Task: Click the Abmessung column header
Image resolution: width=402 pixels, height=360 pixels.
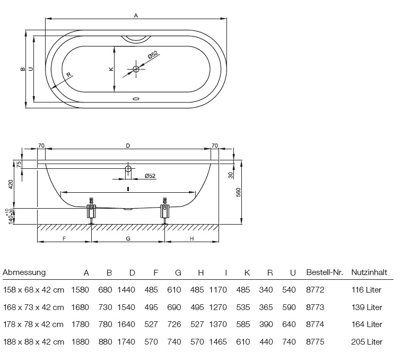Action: click(24, 273)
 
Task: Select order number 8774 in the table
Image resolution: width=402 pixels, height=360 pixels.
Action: click(315, 324)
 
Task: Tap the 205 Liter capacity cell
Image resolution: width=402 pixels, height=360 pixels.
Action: click(366, 342)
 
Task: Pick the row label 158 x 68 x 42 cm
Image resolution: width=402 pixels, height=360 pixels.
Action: click(33, 290)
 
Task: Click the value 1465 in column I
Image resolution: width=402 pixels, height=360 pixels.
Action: click(218, 342)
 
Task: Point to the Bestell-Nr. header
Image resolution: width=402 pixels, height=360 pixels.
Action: click(325, 273)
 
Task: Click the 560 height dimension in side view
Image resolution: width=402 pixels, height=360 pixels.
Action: click(238, 192)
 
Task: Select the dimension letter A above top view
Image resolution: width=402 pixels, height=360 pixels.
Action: click(136, 16)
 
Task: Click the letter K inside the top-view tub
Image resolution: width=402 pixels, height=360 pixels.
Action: click(110, 69)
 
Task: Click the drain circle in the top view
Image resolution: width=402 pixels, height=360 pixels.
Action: click(136, 69)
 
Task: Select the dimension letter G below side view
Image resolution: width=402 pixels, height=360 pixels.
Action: click(128, 239)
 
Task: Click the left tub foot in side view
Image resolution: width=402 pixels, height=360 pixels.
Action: click(91, 211)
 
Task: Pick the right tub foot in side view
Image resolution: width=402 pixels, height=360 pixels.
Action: click(165, 211)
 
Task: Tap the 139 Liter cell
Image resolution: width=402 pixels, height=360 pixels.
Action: click(366, 307)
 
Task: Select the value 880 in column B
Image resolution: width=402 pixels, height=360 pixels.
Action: click(106, 342)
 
